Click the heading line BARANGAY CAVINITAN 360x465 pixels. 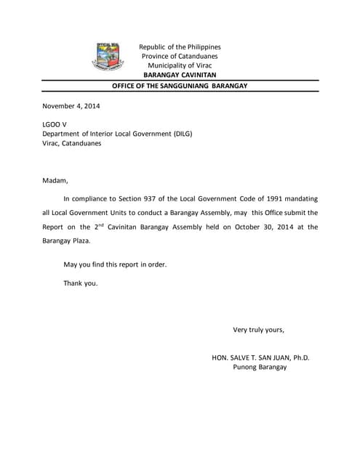click(x=179, y=75)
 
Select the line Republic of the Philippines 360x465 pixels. click(x=180, y=46)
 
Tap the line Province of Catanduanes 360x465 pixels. click(x=180, y=56)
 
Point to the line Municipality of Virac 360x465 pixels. click(x=180, y=65)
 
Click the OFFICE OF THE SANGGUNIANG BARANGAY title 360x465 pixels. click(x=180, y=86)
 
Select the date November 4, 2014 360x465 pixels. click(x=71, y=106)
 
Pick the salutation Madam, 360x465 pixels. click(x=55, y=180)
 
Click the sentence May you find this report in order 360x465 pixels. click(x=115, y=264)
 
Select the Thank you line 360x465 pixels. click(x=81, y=283)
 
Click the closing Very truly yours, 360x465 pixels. click(x=258, y=329)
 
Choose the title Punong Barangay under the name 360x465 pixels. click(x=260, y=367)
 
